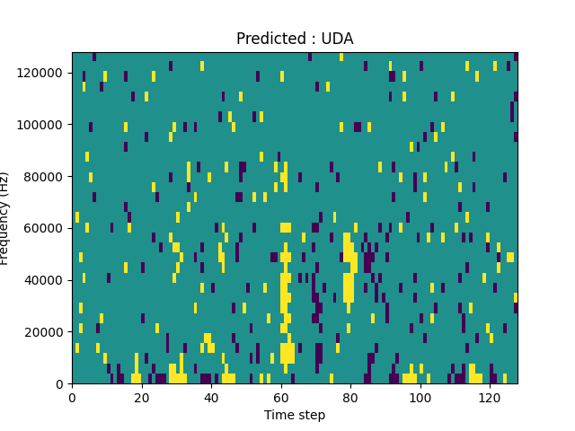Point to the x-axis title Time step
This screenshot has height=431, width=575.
click(295, 415)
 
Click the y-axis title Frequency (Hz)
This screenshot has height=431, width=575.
click(5, 218)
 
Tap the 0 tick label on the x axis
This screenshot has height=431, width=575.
click(72, 397)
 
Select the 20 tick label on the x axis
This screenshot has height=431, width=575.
click(142, 397)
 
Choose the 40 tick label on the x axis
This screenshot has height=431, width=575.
click(211, 397)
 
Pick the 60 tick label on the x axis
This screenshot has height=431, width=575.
click(281, 397)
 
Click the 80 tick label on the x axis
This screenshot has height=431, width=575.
click(350, 397)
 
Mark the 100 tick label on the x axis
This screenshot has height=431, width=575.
click(420, 397)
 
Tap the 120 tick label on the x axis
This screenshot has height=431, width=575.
click(490, 397)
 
